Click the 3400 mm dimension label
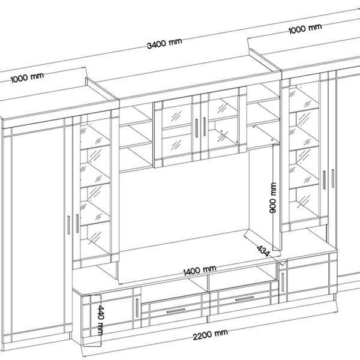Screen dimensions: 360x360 [164, 44]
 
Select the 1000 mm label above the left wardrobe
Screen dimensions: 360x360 [27, 77]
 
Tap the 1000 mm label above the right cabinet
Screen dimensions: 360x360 [305, 28]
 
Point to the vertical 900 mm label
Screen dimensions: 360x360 [273, 198]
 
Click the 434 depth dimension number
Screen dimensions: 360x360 [263, 251]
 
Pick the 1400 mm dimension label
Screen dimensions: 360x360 [200, 270]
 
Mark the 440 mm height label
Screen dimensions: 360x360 [101, 320]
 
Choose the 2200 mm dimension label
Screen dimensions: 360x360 [211, 335]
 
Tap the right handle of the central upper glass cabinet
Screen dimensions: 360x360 [205, 127]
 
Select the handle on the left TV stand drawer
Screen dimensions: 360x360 [176, 311]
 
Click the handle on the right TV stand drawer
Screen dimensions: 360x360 [245, 299]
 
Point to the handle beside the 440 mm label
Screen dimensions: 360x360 [137, 308]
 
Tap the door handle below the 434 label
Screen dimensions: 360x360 [283, 283]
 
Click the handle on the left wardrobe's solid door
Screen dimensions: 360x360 [68, 225]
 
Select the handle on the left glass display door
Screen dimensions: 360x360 [77, 224]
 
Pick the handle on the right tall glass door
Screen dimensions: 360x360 [324, 180]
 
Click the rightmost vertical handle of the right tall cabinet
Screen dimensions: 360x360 [332, 178]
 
